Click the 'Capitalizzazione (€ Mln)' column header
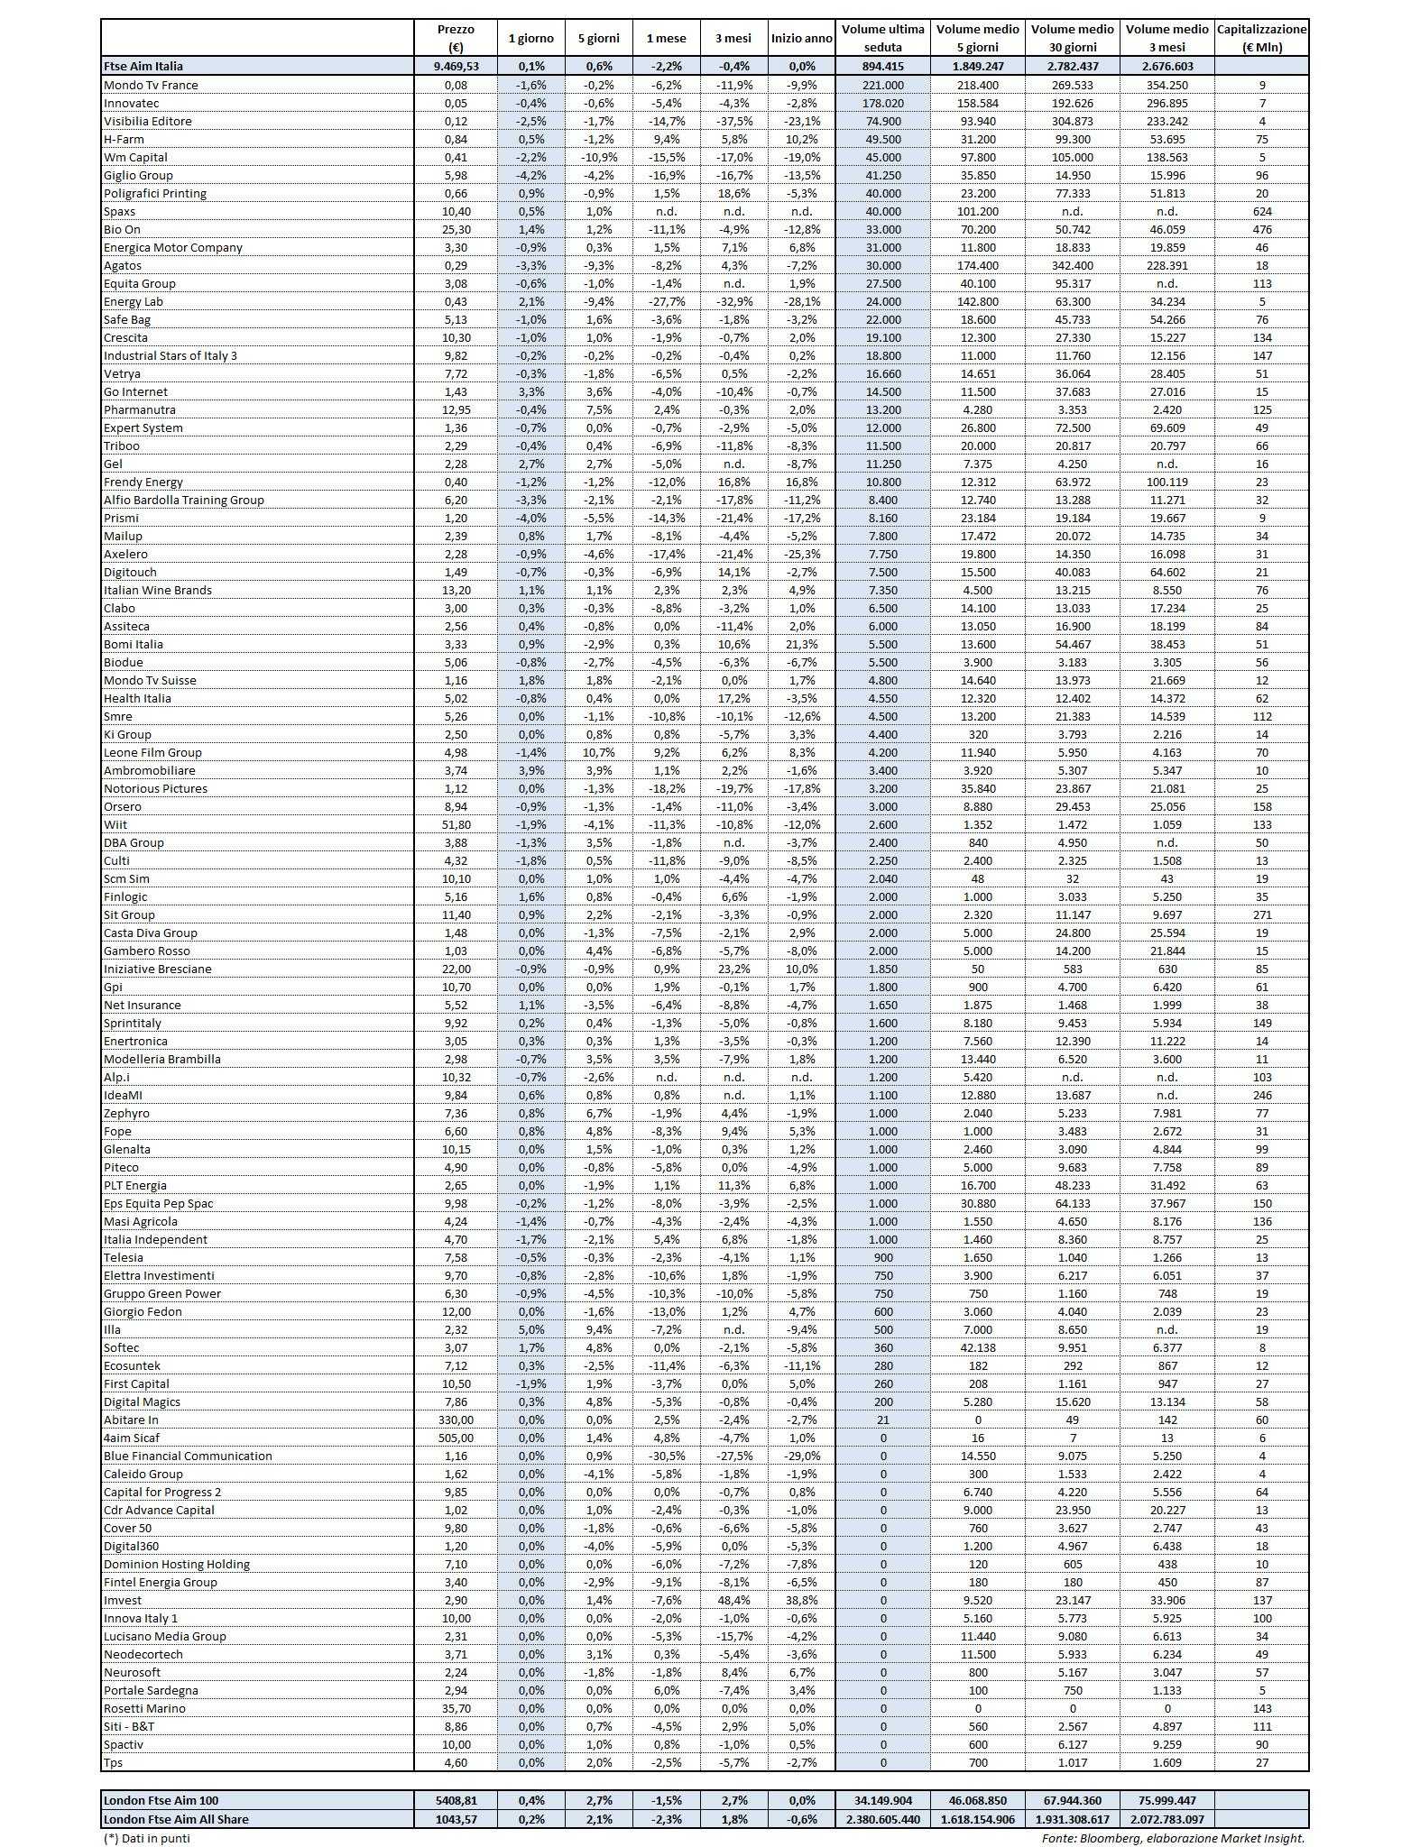(1261, 39)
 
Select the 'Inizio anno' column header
(801, 39)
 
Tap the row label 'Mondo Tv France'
(151, 85)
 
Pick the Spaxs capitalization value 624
(1261, 211)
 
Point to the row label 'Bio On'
(123, 229)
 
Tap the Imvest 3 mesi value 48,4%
(734, 1600)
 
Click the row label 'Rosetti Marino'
(144, 1708)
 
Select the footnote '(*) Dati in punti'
(147, 1837)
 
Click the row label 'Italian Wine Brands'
(158, 590)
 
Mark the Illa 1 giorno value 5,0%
(531, 1329)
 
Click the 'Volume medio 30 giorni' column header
(1074, 39)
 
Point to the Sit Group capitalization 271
(1261, 914)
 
